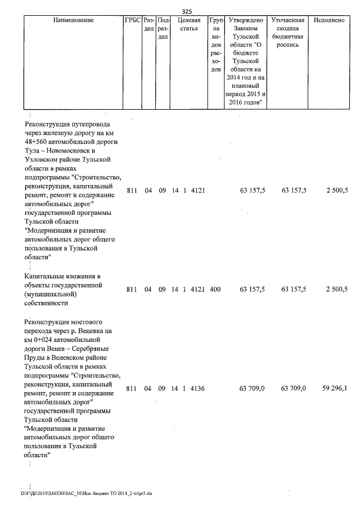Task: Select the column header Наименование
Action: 73,20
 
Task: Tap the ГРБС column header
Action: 132,20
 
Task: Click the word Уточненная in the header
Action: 287,20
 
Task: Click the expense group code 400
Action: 214,290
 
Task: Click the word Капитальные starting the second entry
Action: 46,276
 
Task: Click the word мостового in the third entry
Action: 83,322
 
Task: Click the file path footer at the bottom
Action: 87,493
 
